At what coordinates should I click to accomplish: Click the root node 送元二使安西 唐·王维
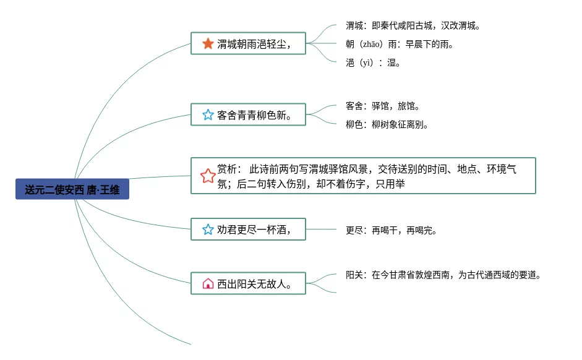coord(72,190)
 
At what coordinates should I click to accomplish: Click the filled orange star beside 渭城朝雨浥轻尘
coord(208,43)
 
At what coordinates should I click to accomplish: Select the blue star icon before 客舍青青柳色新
coord(208,114)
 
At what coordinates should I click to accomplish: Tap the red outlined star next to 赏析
coord(208,176)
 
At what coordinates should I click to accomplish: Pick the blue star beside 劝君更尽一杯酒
coord(208,229)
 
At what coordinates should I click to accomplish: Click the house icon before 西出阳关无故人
coord(208,283)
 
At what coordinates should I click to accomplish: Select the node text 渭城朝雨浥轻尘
coord(253,44)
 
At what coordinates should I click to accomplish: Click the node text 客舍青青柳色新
coord(254,115)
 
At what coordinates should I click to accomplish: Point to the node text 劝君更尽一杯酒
coord(253,229)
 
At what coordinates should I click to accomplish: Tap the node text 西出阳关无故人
coord(254,284)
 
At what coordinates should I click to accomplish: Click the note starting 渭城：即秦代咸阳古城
coord(413,26)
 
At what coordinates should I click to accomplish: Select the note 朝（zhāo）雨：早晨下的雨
coord(401,45)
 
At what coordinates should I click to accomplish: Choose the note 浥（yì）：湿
coord(373,62)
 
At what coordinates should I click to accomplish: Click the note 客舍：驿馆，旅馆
coord(383,106)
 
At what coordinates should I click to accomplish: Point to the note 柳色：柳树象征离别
coord(387,124)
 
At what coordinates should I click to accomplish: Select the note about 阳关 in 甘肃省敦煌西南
coord(443,275)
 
